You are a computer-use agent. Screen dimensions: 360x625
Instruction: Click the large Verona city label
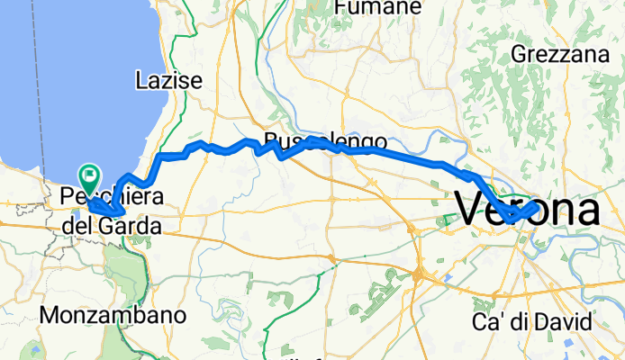[x=529, y=209]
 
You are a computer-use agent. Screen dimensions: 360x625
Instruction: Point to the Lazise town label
[x=168, y=81]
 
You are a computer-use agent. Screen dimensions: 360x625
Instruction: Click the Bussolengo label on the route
[x=326, y=141]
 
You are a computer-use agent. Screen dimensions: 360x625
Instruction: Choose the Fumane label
[x=377, y=7]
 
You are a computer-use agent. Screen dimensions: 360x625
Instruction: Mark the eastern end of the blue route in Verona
[x=537, y=206]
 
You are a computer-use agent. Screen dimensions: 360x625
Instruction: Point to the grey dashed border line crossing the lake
[x=36, y=90]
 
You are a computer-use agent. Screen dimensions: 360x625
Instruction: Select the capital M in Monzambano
[x=52, y=316]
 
